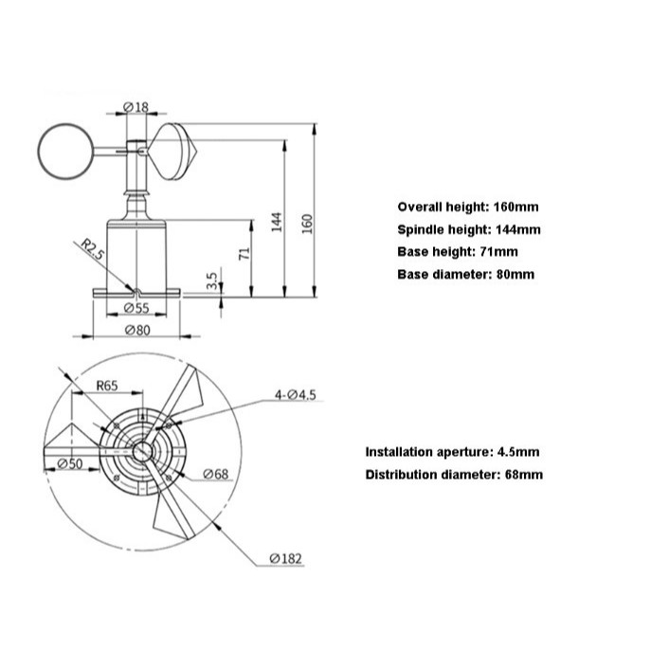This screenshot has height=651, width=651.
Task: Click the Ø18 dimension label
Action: (x=136, y=107)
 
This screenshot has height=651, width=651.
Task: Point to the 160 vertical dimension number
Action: (x=307, y=224)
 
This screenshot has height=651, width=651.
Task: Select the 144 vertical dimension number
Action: (x=277, y=222)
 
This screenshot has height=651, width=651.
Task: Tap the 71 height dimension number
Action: (x=245, y=253)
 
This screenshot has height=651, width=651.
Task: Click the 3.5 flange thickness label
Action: (x=211, y=281)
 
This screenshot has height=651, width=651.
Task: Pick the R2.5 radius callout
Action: (x=92, y=249)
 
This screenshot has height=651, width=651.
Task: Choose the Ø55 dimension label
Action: (x=136, y=308)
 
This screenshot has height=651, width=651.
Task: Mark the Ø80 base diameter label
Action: (x=137, y=331)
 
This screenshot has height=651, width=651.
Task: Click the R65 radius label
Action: (x=107, y=386)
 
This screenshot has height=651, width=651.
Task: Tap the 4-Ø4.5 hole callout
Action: (x=296, y=394)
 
